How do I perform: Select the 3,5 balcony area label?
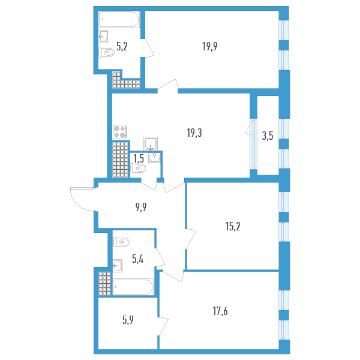pos(268,136)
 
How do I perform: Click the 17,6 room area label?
pos(220,311)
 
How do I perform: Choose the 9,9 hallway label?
pos(141,208)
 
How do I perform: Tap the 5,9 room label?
pos(128,320)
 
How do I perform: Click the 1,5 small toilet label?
pos(138,159)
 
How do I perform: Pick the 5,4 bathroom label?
pos(138,259)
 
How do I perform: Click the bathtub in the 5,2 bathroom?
pos(119,21)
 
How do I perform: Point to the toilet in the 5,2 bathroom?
pos(107,53)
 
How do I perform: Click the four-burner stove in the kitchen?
pos(120,132)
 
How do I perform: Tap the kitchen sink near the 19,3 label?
pos(151,143)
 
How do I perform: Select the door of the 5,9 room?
pos(162,327)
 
